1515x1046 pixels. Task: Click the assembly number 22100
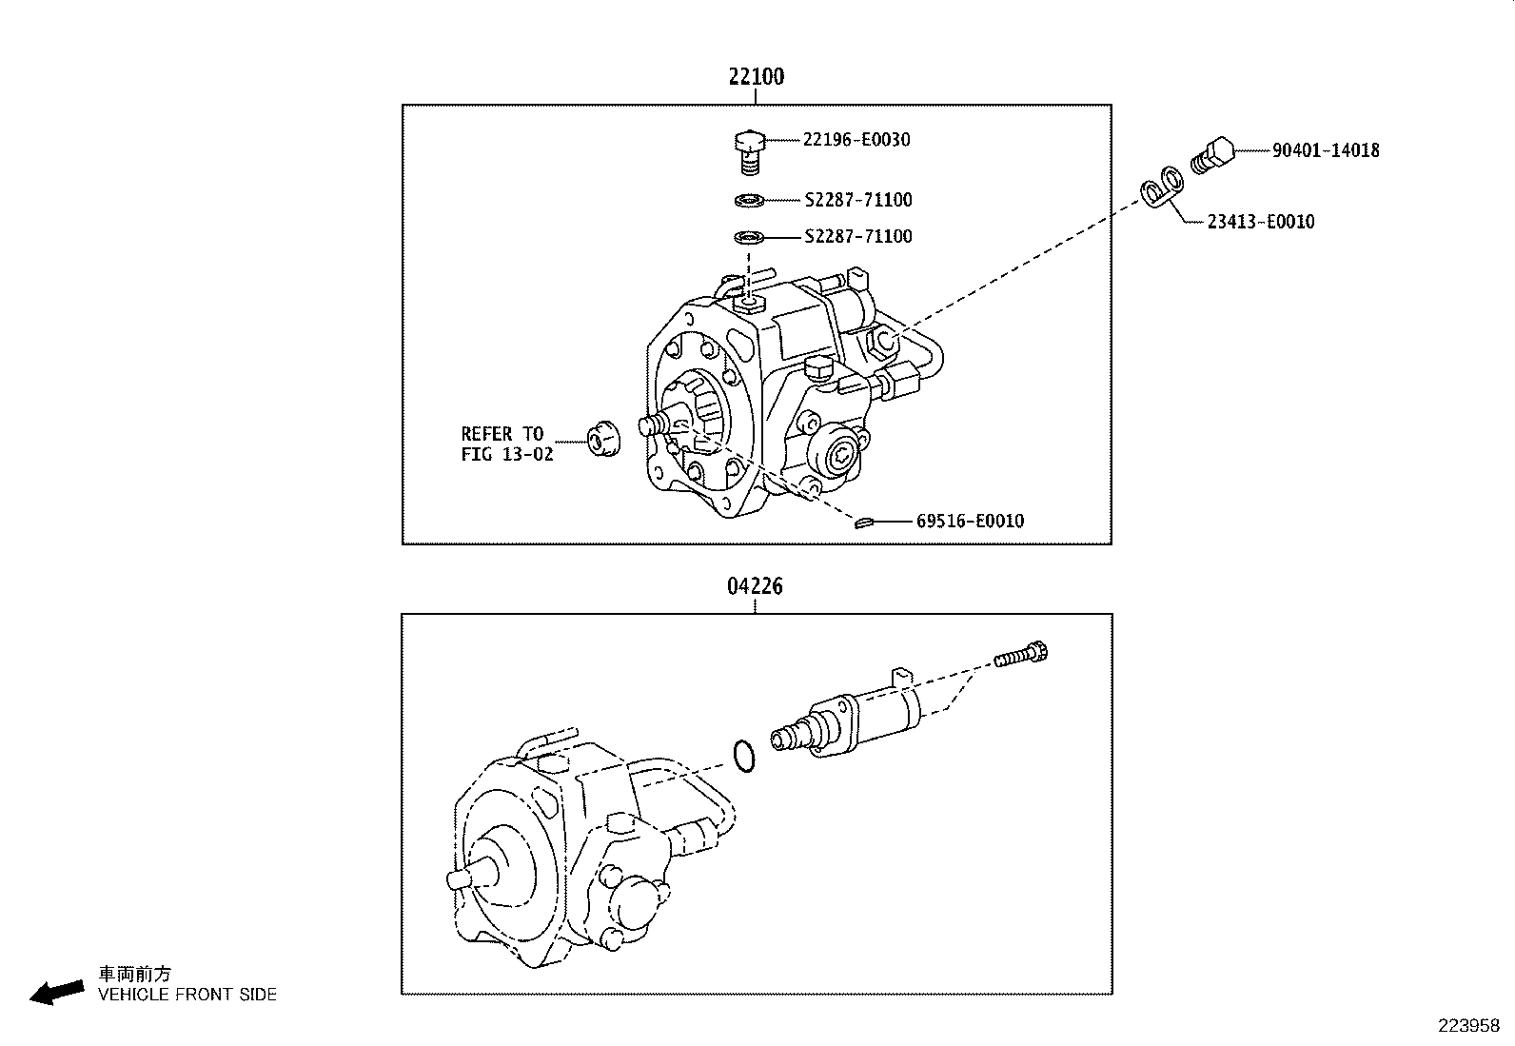[x=757, y=77]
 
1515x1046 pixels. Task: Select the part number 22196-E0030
[x=856, y=140]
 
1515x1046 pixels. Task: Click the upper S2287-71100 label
[x=857, y=200]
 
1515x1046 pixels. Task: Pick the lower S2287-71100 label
[x=857, y=236]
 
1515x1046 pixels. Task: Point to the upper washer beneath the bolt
[x=750, y=200]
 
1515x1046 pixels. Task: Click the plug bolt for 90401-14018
[x=1212, y=155]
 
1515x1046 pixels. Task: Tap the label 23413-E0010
[x=1260, y=222]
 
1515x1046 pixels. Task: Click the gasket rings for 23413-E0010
[x=1162, y=187]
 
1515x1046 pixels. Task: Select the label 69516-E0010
[x=970, y=521]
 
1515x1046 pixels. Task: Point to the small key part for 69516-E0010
[x=863, y=522]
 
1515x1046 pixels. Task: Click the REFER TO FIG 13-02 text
[x=506, y=444]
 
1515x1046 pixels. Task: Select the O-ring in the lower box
[x=744, y=755]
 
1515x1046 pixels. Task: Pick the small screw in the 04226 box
[x=1021, y=657]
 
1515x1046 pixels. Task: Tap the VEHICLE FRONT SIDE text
[x=187, y=995]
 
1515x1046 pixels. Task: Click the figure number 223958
[x=1468, y=1026]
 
